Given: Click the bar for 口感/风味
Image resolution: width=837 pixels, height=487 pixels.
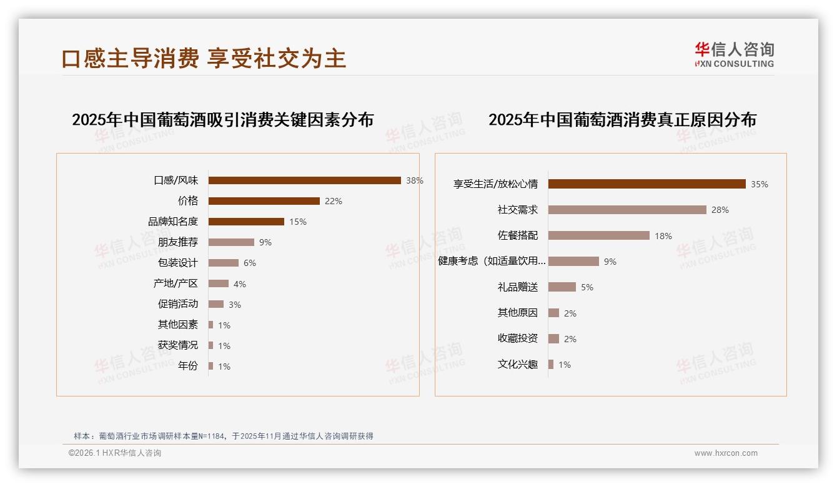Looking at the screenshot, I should pos(304,180).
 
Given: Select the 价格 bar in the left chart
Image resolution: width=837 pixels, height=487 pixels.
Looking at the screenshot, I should pos(264,201).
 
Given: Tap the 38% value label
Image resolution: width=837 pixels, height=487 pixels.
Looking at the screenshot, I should pos(415,180).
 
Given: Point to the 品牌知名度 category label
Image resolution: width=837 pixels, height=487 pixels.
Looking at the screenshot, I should pos(172,222).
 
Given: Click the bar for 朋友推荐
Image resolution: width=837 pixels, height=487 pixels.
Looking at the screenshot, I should pos(231,242).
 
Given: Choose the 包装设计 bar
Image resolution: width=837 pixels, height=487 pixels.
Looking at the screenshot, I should pos(223,263).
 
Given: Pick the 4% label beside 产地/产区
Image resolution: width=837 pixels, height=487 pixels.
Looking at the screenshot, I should pos(240,284).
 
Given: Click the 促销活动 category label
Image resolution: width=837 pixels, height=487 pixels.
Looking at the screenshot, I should pos(177,304).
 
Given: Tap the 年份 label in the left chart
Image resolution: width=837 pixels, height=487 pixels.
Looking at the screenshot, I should pos(187,366).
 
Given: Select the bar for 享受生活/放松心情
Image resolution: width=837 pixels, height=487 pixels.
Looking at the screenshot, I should pos(646,184).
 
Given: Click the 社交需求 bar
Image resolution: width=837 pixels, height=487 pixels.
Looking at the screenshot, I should pos(627,210).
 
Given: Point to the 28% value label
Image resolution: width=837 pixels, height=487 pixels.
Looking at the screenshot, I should pos(720,210).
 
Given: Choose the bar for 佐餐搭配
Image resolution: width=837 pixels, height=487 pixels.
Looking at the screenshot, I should pos(598,235).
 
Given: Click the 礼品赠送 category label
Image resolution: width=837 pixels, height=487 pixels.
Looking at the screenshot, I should pos(517,287).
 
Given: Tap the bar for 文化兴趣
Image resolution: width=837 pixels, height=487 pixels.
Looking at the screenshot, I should pos(551,365).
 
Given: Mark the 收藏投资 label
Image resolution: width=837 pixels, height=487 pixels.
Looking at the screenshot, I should pos(517,338).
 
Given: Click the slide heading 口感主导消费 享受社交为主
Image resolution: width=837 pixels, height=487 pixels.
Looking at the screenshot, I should pos(204,58).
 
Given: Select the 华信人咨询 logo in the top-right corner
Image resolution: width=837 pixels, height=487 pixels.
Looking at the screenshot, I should pos(734,55).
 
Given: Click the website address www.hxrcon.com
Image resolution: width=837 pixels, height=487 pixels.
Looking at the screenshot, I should pos(726,453).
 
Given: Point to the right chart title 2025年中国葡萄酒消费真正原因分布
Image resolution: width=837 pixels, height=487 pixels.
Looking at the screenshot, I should pos(622,119).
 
